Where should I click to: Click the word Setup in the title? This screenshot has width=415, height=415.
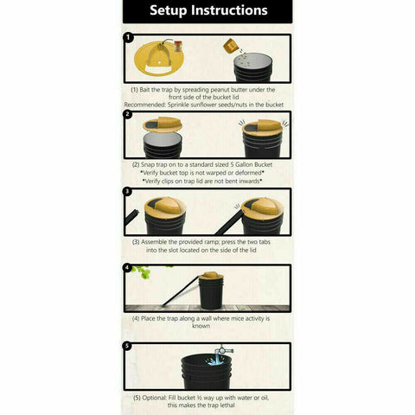pyautogui.click(x=171, y=11)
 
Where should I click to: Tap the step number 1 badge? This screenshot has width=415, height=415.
pyautogui.click(x=128, y=38)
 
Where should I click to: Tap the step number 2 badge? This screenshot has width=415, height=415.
pyautogui.click(x=128, y=114)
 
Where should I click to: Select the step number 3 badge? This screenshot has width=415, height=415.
pyautogui.click(x=128, y=191)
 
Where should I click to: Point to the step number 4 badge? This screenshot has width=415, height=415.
pyautogui.click(x=128, y=267)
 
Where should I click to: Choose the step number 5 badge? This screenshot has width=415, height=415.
pyautogui.click(x=128, y=346)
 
